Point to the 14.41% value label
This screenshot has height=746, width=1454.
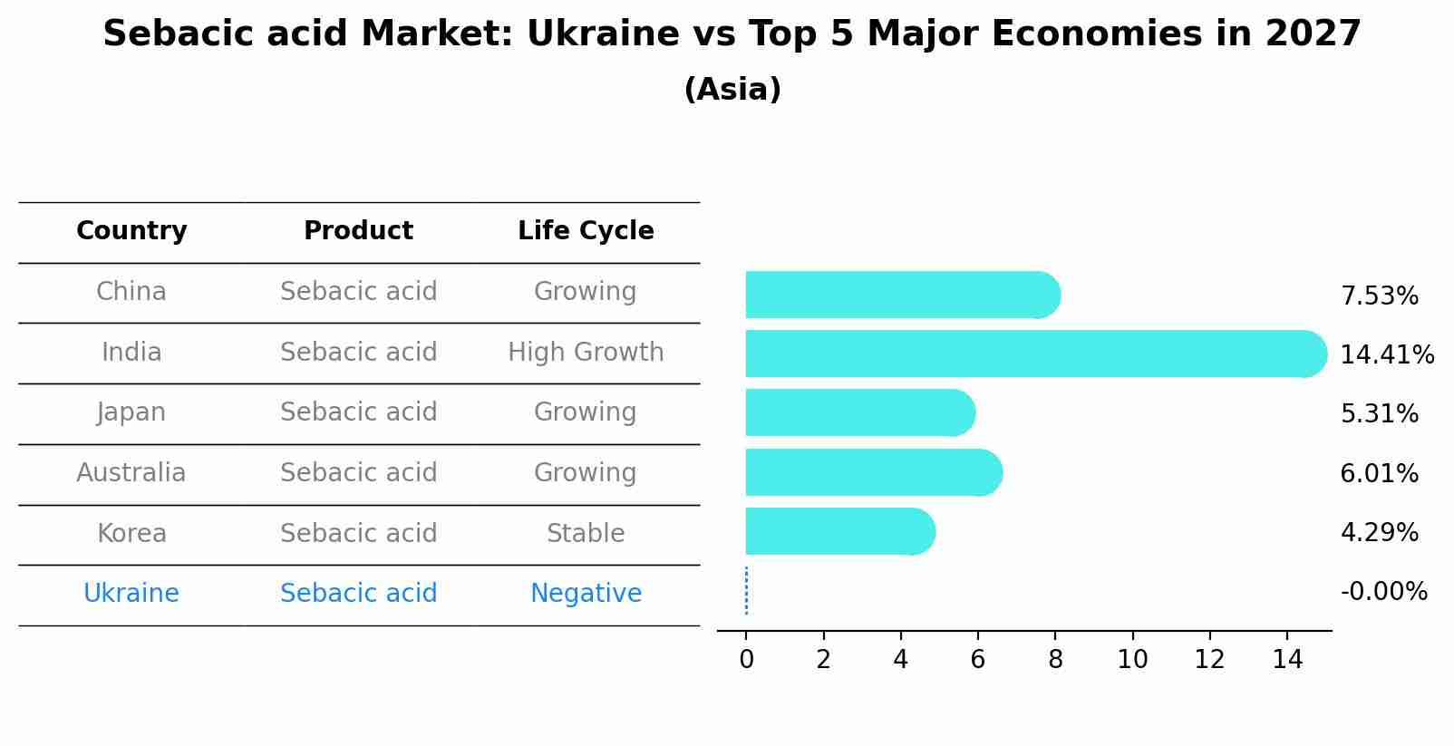[x=1386, y=354]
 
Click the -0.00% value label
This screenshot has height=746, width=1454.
[x=1383, y=592]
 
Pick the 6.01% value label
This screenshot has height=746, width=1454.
[x=1379, y=473]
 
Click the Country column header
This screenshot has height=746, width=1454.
[x=131, y=231]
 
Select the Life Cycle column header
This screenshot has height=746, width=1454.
[x=586, y=231]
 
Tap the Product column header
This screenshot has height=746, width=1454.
[x=358, y=231]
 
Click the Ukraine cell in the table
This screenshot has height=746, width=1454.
[x=131, y=594]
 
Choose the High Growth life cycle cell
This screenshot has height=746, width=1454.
[x=586, y=352]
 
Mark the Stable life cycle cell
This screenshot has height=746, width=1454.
[x=586, y=533]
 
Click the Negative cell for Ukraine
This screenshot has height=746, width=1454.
[x=586, y=594]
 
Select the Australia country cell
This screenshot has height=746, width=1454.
[x=131, y=473]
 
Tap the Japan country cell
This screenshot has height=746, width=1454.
[x=131, y=412]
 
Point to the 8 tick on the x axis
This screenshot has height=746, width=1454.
[x=1055, y=660]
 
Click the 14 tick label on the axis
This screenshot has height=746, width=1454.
[x=1287, y=660]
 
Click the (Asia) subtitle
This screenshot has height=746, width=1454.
[x=732, y=90]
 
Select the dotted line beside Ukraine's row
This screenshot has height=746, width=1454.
[x=746, y=591]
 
